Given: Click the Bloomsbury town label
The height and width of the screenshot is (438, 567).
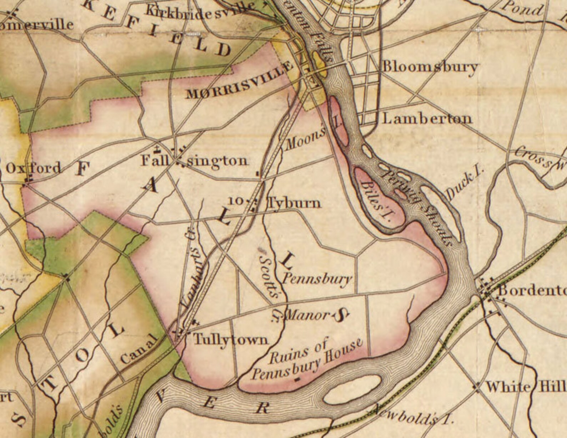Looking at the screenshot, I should pyautogui.click(x=430, y=67).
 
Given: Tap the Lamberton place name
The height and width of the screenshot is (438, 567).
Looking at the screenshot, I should pyautogui.click(x=427, y=119).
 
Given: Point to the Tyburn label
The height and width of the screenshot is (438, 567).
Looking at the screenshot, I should pyautogui.click(x=294, y=203).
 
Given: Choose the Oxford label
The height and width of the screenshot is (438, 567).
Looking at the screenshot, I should pyautogui.click(x=34, y=168).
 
